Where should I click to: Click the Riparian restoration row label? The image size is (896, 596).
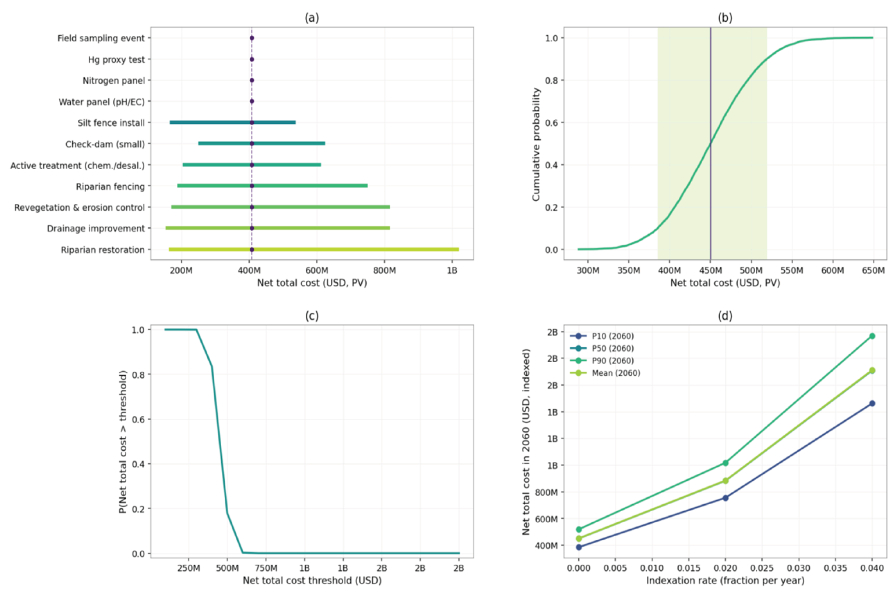point(103,250)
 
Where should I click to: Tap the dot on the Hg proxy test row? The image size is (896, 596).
point(252,59)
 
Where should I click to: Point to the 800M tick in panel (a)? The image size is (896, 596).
point(384,270)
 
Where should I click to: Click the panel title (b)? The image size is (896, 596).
point(725,18)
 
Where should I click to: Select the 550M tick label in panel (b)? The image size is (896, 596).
point(792,270)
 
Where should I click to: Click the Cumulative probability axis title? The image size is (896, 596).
point(536,144)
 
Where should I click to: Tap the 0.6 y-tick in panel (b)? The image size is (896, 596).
point(552,123)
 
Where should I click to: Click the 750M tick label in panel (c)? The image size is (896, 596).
point(266,568)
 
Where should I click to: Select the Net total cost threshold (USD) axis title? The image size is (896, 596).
point(312,581)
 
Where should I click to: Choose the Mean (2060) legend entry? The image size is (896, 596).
point(616,373)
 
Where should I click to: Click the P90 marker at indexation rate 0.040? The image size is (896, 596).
point(872,336)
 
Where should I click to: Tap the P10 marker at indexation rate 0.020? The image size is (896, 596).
point(725,498)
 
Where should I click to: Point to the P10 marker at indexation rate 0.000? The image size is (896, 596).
point(579,547)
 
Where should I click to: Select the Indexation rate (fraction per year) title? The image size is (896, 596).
point(725,581)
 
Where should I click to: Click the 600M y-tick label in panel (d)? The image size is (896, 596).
point(546,519)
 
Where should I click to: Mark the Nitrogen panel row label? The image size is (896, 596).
point(114,81)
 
